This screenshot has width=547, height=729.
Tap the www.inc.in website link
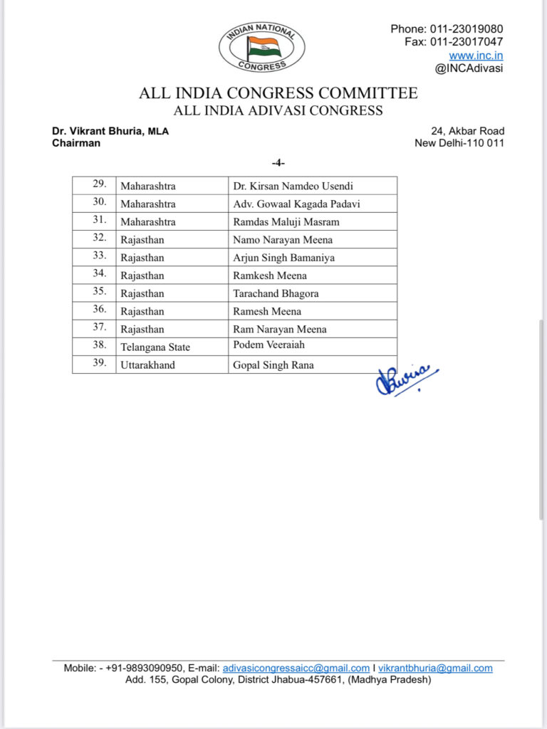pyautogui.click(x=476, y=55)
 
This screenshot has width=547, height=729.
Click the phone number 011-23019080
pyautogui.click(x=467, y=29)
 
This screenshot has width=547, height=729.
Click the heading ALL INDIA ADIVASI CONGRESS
pyautogui.click(x=278, y=111)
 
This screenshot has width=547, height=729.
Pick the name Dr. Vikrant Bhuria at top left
pyautogui.click(x=98, y=131)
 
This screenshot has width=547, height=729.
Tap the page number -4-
pyautogui.click(x=278, y=163)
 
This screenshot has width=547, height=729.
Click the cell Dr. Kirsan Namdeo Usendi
pyautogui.click(x=293, y=187)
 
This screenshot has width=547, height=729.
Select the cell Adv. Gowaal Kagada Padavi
pyautogui.click(x=296, y=204)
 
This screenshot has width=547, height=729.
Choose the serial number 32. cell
pyautogui.click(x=100, y=239)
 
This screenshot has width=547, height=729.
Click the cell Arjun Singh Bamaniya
pyautogui.click(x=283, y=258)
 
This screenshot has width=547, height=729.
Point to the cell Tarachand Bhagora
pyautogui.click(x=276, y=293)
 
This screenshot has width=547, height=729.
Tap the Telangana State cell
pyautogui.click(x=155, y=347)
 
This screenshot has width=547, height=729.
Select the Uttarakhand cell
pyautogui.click(x=149, y=365)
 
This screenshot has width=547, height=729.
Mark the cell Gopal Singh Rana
pyautogui.click(x=273, y=365)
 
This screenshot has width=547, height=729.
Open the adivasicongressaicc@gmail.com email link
pyautogui.click(x=296, y=668)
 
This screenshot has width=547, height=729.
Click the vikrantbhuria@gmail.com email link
pyautogui.click(x=435, y=668)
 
